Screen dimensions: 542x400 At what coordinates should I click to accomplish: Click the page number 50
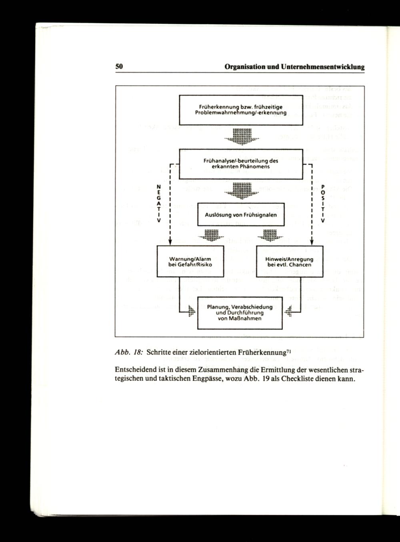tap(119, 67)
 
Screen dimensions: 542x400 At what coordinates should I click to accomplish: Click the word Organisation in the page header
tap(245, 67)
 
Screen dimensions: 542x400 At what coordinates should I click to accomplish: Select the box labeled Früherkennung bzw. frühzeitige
tap(240, 110)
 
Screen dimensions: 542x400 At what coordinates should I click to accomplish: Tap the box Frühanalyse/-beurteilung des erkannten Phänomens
tap(240, 163)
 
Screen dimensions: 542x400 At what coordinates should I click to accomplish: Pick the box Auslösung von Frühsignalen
tap(240, 215)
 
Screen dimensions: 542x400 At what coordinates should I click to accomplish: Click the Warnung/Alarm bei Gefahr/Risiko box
tap(190, 262)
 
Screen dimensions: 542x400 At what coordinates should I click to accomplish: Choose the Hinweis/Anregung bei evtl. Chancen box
tap(289, 262)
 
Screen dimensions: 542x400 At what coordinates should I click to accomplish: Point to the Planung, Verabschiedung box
tap(240, 313)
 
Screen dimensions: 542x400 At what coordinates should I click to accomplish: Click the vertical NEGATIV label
tap(159, 204)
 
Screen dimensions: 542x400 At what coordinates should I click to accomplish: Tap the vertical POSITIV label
tap(322, 204)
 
